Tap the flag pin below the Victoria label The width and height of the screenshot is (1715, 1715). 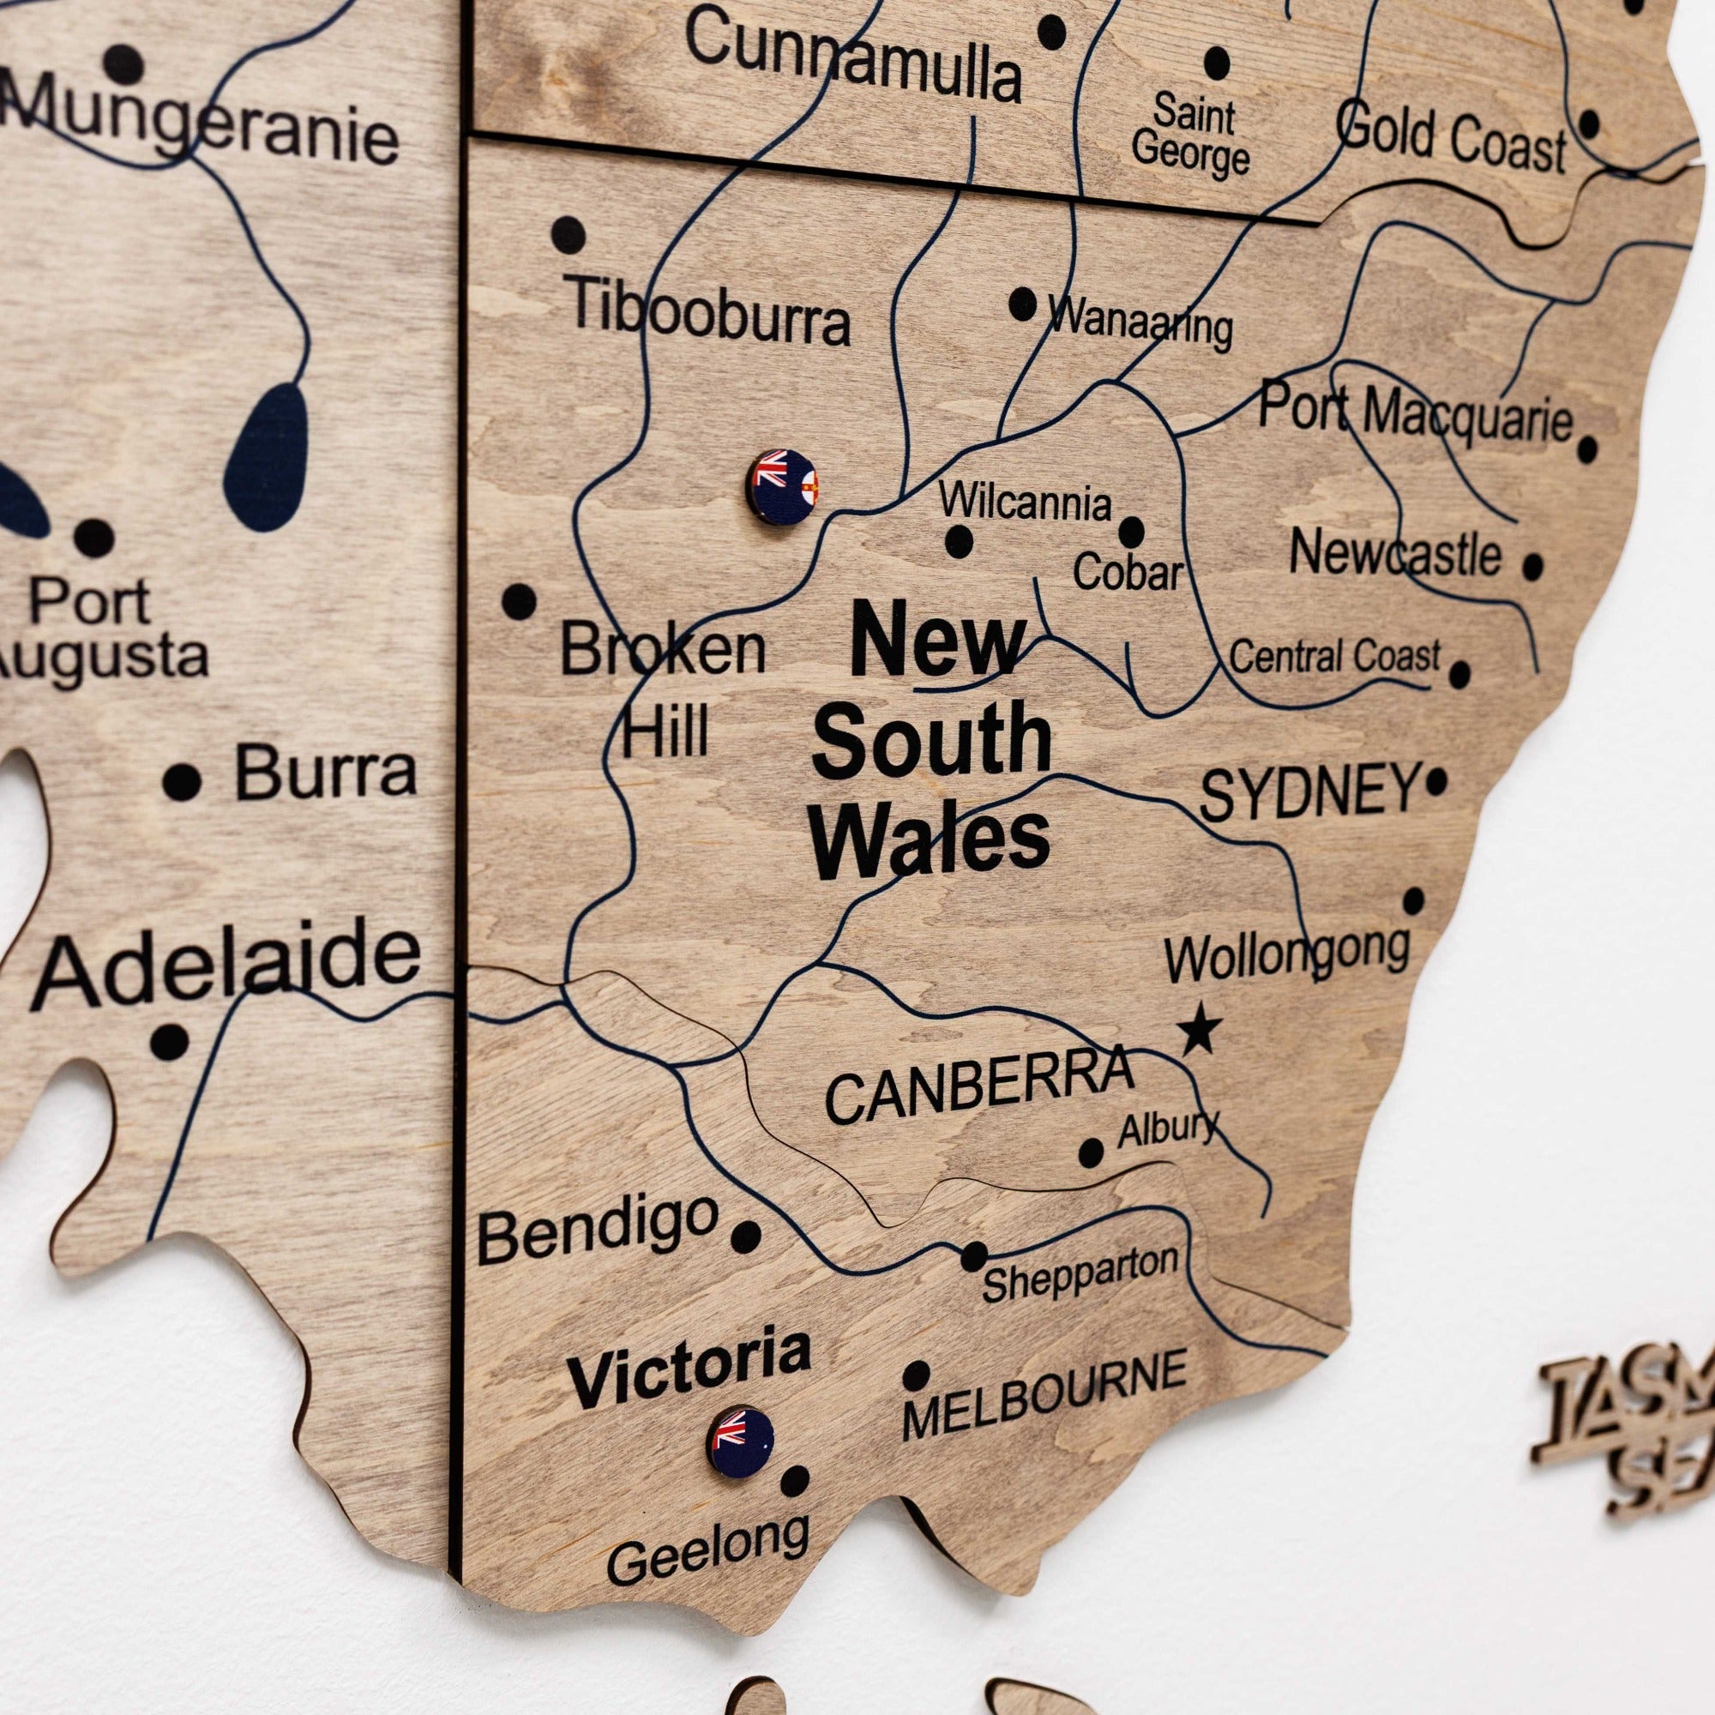(x=739, y=1442)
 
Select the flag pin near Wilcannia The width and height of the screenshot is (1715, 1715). (x=781, y=485)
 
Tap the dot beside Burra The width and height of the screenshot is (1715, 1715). (x=182, y=781)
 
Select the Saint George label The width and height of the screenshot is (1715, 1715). (x=1191, y=135)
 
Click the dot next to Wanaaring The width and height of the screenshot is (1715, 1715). (x=1023, y=304)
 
